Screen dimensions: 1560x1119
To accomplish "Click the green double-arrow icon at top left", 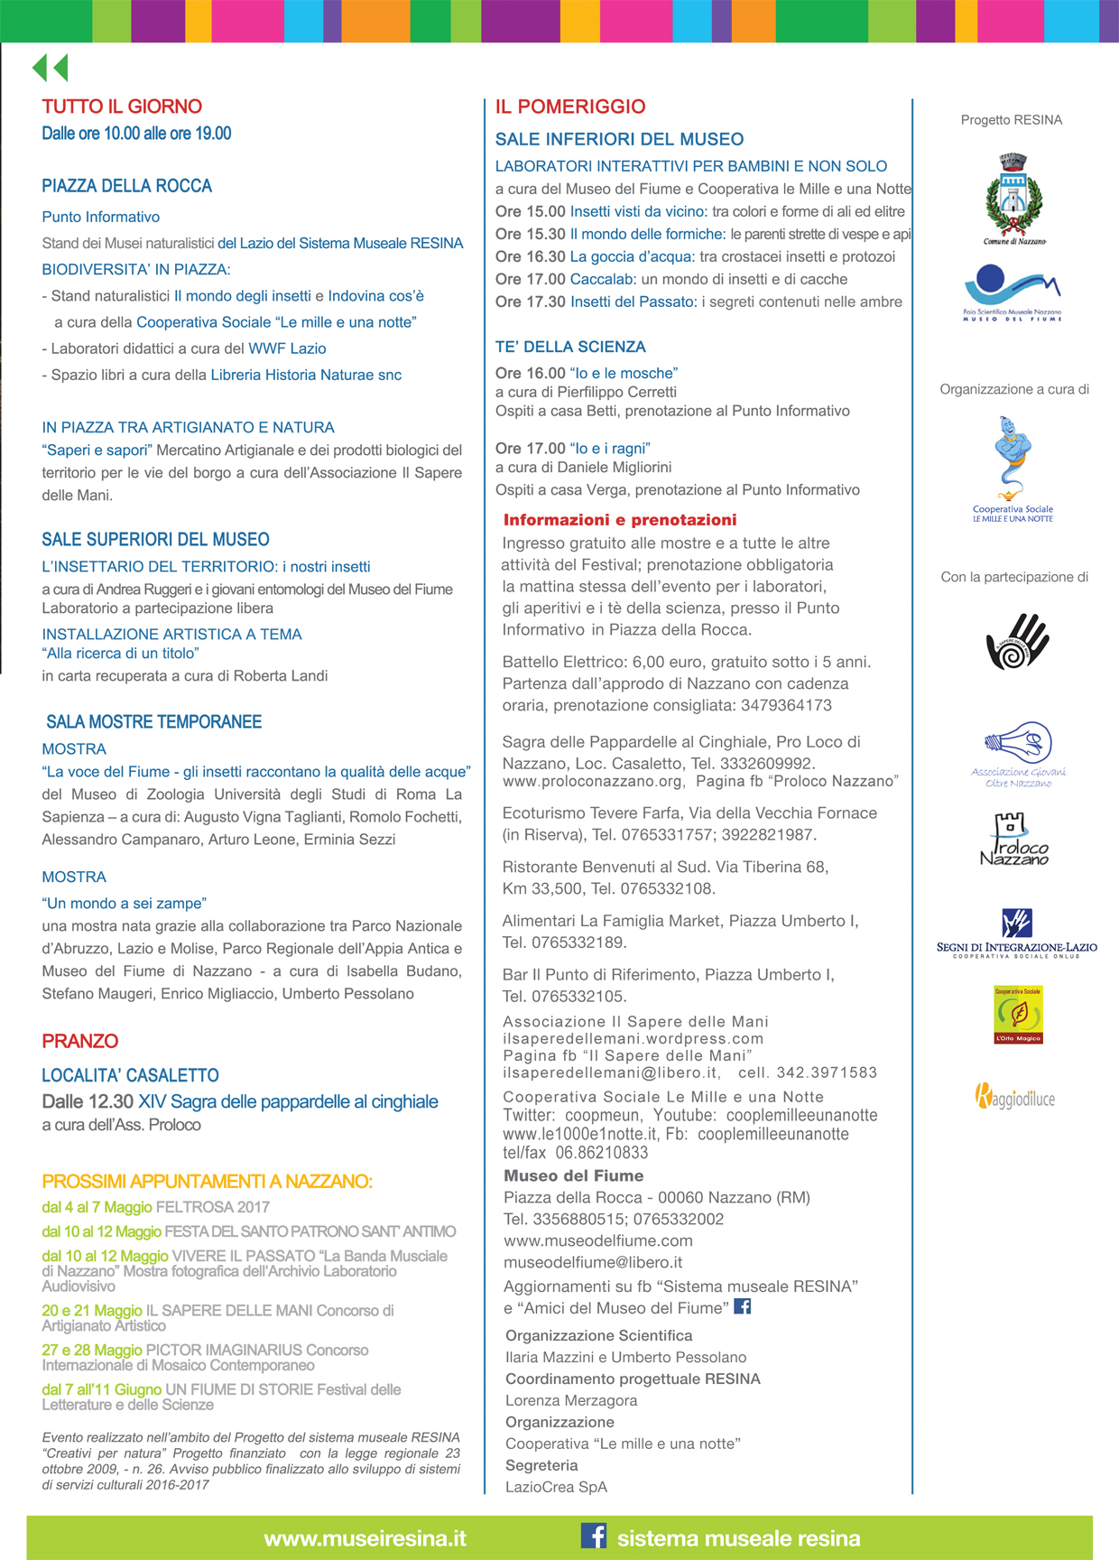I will [x=51, y=68].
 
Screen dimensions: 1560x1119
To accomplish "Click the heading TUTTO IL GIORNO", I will [x=122, y=107].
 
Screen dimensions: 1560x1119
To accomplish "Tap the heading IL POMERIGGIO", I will [x=570, y=107].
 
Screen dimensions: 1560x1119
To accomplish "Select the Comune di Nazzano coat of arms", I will [x=1013, y=198].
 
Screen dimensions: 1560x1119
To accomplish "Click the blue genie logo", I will [x=1013, y=460].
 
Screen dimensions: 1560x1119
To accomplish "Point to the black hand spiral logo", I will [x=1017, y=641].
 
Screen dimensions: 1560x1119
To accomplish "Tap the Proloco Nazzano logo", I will [x=1013, y=840].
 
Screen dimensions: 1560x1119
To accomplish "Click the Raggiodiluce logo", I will [x=1014, y=1096].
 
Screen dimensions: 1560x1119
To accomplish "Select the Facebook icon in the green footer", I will [x=593, y=1537].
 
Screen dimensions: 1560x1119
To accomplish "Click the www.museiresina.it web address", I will [x=365, y=1538].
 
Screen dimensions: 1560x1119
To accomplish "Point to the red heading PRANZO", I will [x=80, y=1041].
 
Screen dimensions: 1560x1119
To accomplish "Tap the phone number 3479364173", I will [x=786, y=705].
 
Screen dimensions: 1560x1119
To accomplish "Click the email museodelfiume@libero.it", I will [x=593, y=1262].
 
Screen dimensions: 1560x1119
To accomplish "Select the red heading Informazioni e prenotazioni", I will [x=620, y=520].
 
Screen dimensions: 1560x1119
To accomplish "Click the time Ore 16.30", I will [x=531, y=256].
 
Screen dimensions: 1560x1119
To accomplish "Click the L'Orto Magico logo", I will [x=1018, y=1015].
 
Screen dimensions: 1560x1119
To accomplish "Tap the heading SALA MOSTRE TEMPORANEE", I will [x=154, y=722].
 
